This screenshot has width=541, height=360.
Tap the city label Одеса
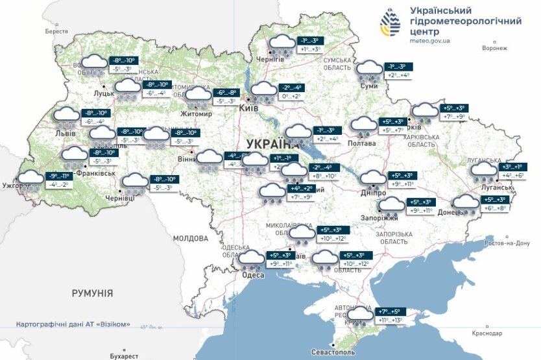(252, 275)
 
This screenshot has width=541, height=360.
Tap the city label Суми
(369, 86)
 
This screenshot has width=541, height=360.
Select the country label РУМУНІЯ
(91, 293)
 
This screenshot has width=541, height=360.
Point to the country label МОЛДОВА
(190, 238)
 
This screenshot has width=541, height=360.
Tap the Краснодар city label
(487, 333)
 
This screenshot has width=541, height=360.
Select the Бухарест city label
(124, 356)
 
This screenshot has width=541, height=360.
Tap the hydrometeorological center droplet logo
(391, 25)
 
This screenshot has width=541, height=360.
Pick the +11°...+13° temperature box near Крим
(389, 320)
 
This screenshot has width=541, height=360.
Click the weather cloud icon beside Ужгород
(30, 178)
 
